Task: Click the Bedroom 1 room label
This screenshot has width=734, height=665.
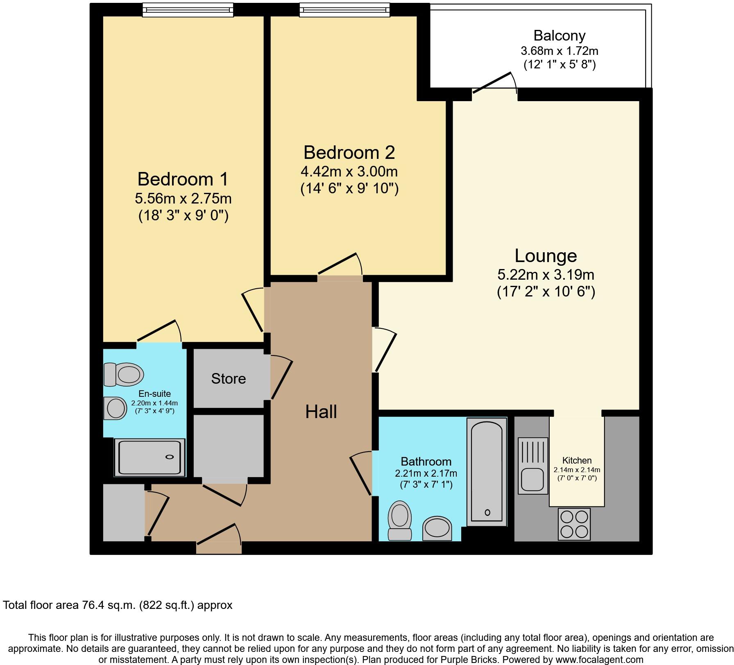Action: (x=183, y=179)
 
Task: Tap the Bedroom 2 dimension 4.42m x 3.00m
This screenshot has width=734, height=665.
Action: (x=349, y=171)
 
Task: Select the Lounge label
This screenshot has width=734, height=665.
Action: (x=546, y=256)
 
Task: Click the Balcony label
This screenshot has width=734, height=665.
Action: (x=559, y=36)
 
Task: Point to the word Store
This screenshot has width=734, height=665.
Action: (x=228, y=378)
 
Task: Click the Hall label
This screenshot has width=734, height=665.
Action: (x=321, y=412)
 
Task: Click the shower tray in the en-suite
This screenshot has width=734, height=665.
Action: (x=150, y=457)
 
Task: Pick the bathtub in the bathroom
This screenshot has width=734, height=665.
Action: (x=487, y=472)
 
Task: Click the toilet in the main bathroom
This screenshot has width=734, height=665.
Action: (x=399, y=520)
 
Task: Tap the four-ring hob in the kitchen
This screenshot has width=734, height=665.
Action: (x=574, y=524)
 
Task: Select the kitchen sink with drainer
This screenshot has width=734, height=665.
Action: (x=532, y=465)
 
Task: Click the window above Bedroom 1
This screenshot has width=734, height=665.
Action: (x=188, y=10)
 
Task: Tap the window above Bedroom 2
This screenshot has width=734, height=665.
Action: (x=344, y=10)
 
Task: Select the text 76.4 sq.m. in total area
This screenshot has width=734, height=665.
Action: (x=105, y=605)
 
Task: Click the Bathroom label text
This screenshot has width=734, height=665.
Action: (x=426, y=461)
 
